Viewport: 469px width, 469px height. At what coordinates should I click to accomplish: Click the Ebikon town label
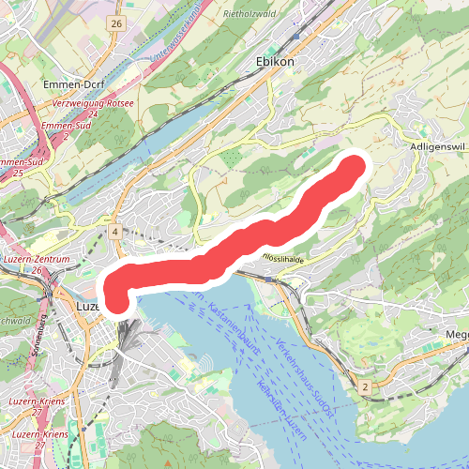tap(275, 61)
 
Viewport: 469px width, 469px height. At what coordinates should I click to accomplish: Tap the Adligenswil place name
tap(438, 147)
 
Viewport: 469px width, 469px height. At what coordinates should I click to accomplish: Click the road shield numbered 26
tap(115, 23)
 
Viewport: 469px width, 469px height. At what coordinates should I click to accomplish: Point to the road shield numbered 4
tap(113, 231)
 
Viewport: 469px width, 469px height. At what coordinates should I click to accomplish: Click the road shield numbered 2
tap(364, 386)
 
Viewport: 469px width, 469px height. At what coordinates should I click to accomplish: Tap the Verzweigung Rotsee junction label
tap(93, 103)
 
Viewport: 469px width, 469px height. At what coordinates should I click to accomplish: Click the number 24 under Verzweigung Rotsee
tap(93, 113)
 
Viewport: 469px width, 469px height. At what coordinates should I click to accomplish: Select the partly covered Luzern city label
tap(87, 306)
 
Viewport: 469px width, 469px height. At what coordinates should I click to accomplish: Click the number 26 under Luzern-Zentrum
tap(38, 270)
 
